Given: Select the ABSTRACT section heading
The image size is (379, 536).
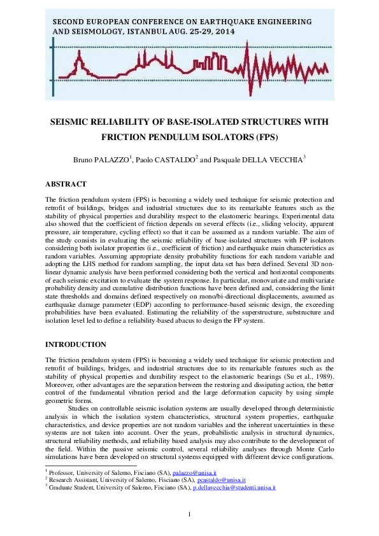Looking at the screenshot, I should (66, 184).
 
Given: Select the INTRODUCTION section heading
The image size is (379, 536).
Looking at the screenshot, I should (75, 344).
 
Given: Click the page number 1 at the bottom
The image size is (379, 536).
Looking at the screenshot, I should (189, 514).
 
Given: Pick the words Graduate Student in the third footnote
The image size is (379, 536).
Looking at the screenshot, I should (71, 487).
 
